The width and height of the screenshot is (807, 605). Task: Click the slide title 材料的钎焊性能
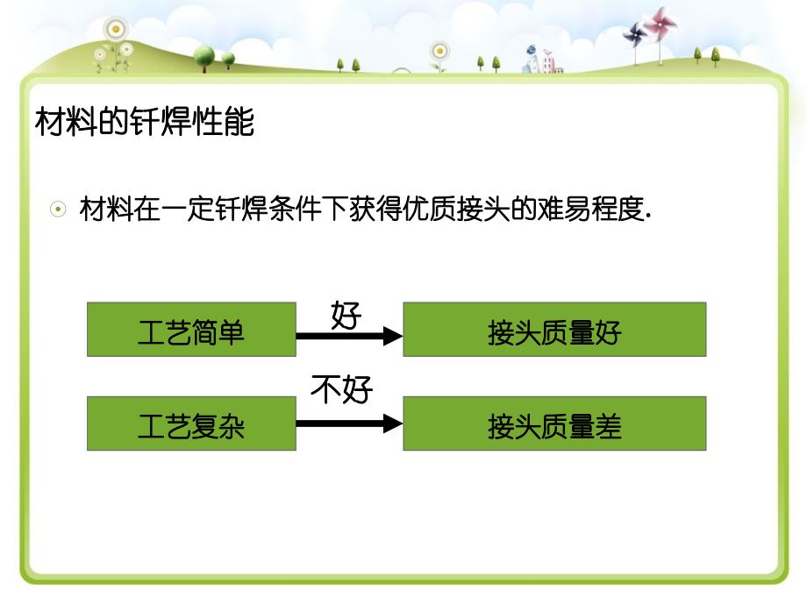145,122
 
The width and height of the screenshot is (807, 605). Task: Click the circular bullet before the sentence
58,210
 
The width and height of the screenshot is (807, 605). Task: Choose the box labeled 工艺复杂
191,423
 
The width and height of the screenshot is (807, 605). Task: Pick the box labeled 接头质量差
554,423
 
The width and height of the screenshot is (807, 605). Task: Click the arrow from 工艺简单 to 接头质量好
349,335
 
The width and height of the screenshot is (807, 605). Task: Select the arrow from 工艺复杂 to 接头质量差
349,423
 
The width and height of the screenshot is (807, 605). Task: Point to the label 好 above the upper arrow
346,313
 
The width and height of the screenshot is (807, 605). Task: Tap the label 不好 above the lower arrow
341,390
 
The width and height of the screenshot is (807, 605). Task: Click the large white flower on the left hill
114,29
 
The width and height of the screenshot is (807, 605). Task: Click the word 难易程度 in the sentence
589,210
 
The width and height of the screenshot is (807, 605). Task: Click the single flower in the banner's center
439,50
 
